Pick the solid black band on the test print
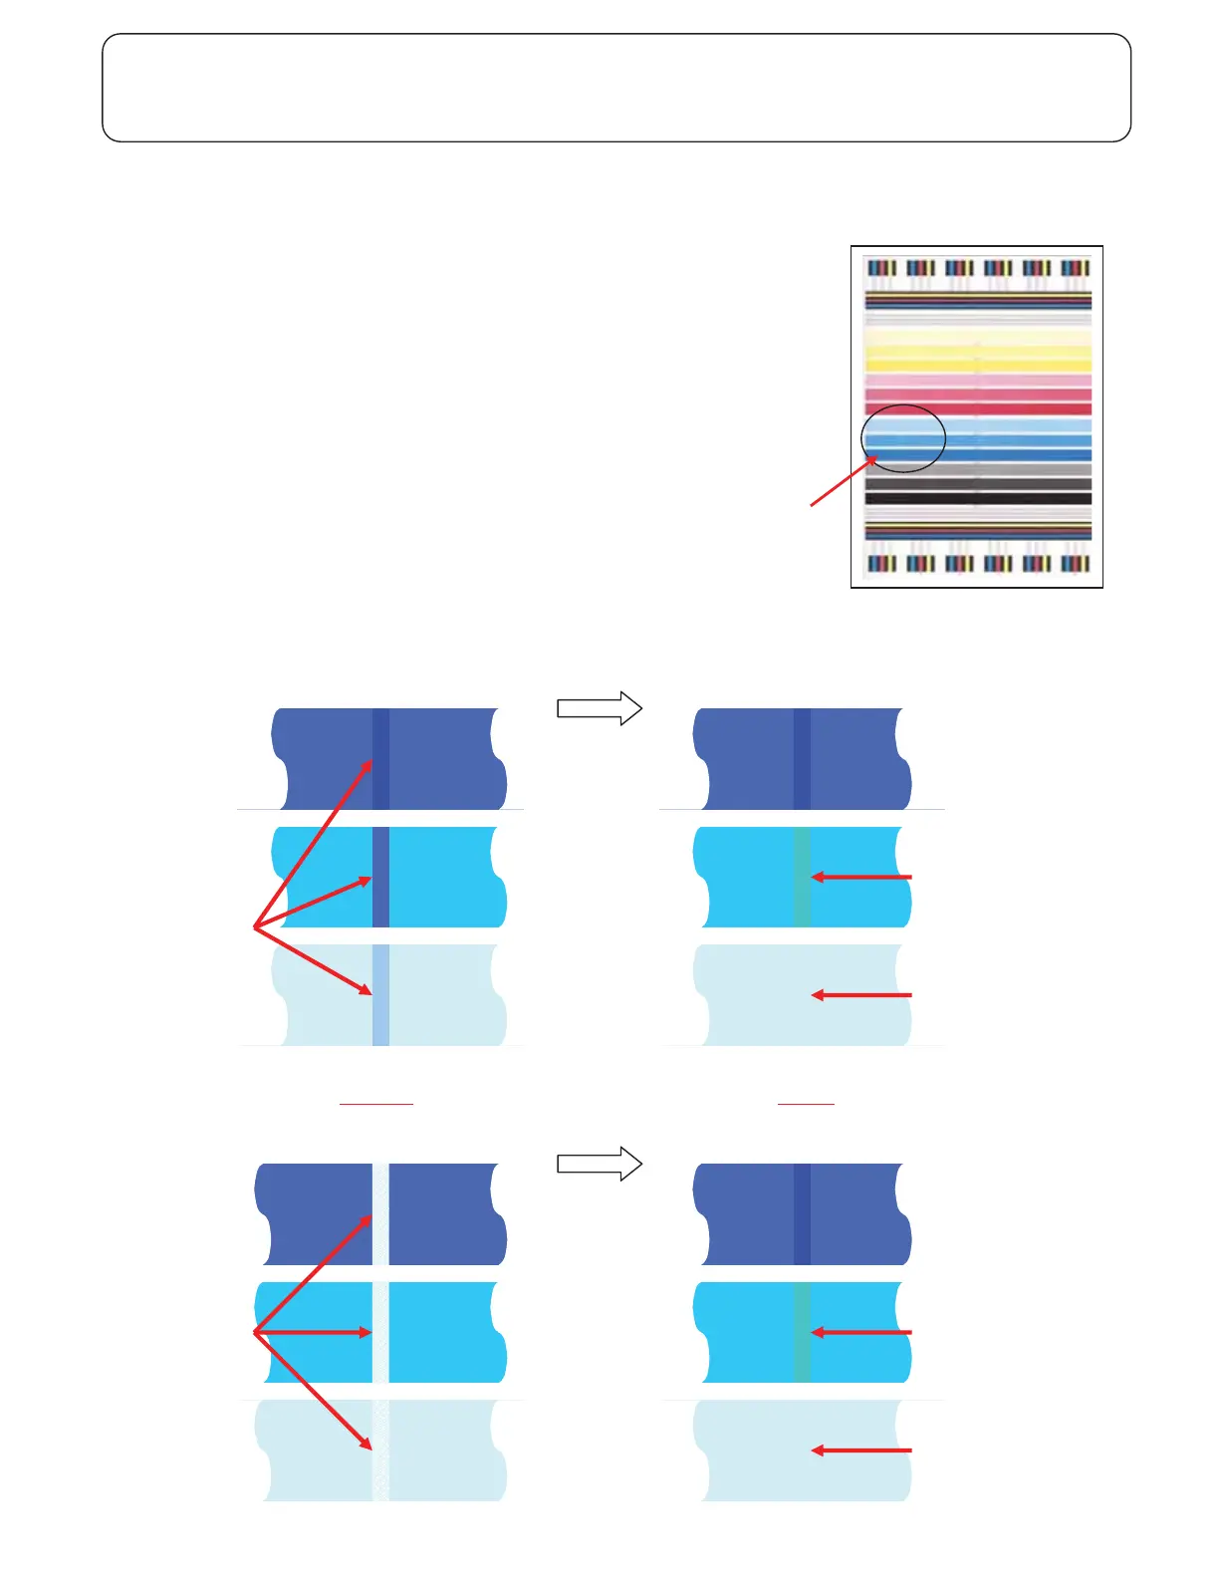(978, 498)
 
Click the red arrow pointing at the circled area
(843, 481)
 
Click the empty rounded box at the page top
(616, 88)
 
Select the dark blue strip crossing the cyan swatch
(380, 877)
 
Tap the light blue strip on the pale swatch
(380, 995)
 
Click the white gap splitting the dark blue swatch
(380, 1213)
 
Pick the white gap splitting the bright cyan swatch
(380, 1332)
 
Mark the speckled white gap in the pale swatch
(380, 1450)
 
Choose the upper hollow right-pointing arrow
(599, 708)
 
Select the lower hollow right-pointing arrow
(599, 1164)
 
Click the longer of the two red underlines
(376, 1104)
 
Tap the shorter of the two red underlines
(806, 1104)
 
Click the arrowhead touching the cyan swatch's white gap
(366, 1332)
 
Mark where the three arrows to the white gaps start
(255, 1332)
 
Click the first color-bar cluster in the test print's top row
(882, 268)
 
